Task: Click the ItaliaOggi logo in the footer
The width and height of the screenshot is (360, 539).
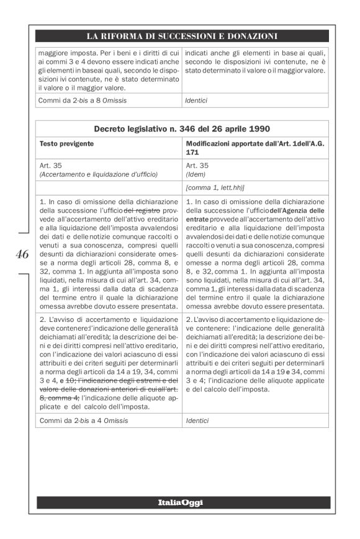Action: pyautogui.click(x=181, y=502)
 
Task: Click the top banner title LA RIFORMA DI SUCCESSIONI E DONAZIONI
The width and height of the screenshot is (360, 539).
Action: pyautogui.click(x=182, y=36)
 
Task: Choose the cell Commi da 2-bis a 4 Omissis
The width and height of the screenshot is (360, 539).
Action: pyautogui.click(x=77, y=421)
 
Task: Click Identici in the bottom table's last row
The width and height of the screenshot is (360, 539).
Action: pyautogui.click(x=198, y=421)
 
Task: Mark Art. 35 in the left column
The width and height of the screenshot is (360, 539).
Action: pyautogui.click(x=51, y=166)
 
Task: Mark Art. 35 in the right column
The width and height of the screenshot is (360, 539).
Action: pyautogui.click(x=197, y=166)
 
